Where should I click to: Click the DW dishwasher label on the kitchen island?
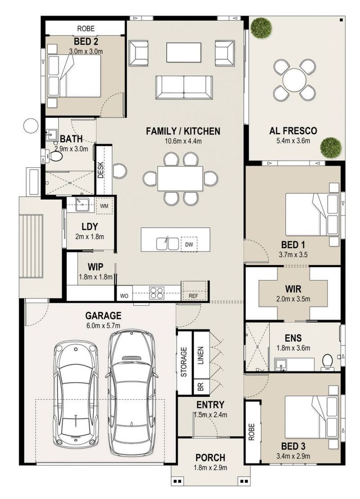[x=189, y=244]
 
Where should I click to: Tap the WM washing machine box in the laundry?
[x=104, y=206]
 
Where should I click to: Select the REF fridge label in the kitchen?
[x=193, y=296]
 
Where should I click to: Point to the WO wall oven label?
[x=124, y=296]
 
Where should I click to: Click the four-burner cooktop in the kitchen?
[x=157, y=293]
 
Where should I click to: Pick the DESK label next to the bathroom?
[x=101, y=170]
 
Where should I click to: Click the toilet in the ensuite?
[x=327, y=363]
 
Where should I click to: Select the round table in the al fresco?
[x=294, y=80]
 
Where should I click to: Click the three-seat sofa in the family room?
[x=184, y=87]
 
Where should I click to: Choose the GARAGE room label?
[x=103, y=316]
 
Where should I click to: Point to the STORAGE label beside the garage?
[x=184, y=362]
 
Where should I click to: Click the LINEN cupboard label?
[x=201, y=355]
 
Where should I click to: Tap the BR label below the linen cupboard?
[x=201, y=387]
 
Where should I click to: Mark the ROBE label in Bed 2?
[x=86, y=29]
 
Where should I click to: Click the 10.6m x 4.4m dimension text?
[x=183, y=141]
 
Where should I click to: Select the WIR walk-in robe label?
[x=293, y=289]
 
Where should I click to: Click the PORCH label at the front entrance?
[x=210, y=457]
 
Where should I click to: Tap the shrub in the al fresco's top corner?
[x=261, y=28]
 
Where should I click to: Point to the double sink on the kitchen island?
[x=168, y=243]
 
